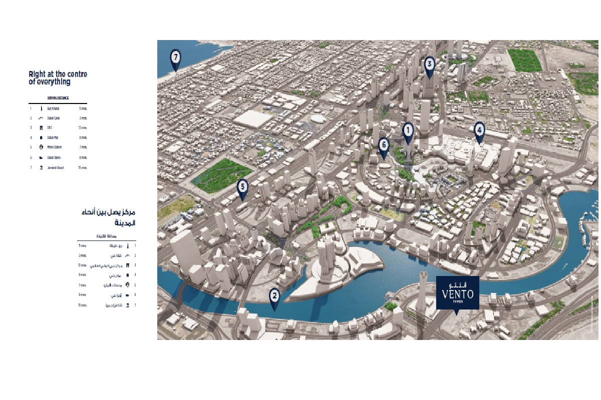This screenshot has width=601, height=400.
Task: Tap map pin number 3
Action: tap(429, 64)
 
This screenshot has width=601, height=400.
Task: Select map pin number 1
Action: tap(408, 131)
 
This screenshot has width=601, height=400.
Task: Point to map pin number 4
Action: tap(479, 130)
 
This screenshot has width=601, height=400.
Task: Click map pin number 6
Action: tap(384, 145)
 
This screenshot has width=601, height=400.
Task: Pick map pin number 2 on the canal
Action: tap(274, 295)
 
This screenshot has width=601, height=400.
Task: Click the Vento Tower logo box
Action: tap(457, 292)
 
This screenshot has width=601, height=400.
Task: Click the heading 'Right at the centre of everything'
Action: tap(58, 78)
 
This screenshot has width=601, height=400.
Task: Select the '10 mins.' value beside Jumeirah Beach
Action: tap(83, 167)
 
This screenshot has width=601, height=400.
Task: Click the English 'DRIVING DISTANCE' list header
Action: tap(58, 98)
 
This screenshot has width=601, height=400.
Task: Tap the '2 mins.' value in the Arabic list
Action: tap(83, 255)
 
